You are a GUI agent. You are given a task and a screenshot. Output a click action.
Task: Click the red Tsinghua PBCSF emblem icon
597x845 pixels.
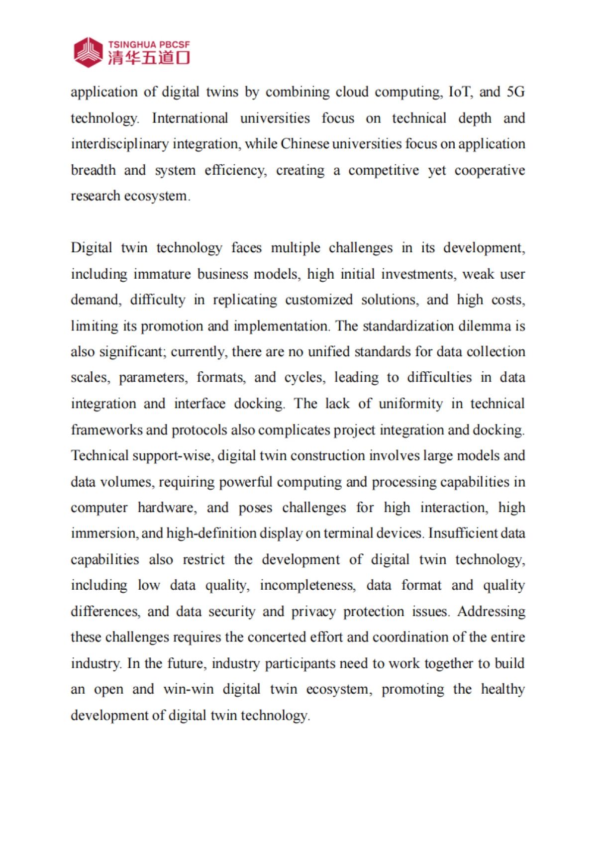click(x=88, y=52)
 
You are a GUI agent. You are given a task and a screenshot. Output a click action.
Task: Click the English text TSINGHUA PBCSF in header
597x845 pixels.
click(x=149, y=44)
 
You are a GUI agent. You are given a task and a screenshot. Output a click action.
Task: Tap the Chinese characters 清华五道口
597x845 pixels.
click(x=149, y=58)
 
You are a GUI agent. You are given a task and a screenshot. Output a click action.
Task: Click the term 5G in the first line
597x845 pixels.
click(x=515, y=92)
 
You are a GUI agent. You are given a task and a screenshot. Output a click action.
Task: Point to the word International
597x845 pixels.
click(x=190, y=118)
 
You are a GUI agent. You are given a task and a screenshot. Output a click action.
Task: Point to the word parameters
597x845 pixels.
click(x=153, y=378)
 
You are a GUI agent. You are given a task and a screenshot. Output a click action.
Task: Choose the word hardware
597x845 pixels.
click(x=167, y=508)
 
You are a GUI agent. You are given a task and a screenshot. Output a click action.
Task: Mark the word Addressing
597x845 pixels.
click(x=491, y=611)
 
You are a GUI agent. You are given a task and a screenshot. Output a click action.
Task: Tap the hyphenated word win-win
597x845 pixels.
click(x=189, y=689)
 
